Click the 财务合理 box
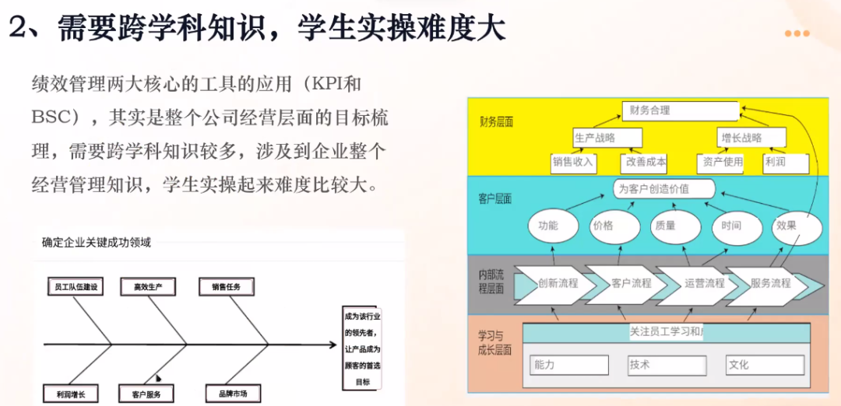680,111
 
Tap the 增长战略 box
751,138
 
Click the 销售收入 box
573,163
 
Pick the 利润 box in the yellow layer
785,163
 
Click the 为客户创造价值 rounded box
664,189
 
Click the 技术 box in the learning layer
667,365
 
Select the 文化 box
764,365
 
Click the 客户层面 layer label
494,199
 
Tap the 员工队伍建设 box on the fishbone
75,287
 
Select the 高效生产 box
148,287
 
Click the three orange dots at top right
797,33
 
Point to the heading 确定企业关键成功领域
97,243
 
